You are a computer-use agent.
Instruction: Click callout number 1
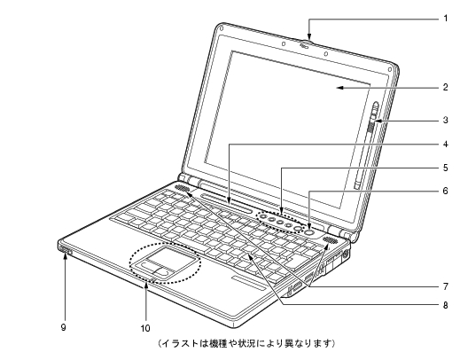[445, 19]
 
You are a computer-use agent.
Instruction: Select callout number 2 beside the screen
[445, 87]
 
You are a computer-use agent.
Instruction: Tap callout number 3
[445, 120]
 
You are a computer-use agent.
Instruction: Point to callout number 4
[445, 145]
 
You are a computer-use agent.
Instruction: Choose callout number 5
[445, 168]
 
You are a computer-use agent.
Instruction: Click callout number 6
[445, 191]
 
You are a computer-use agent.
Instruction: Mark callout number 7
[445, 286]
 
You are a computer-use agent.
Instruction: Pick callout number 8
[445, 305]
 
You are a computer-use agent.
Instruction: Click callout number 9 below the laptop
[63, 327]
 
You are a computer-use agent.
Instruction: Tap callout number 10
[145, 328]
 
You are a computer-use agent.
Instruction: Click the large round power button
[308, 232]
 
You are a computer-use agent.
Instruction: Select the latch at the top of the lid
[305, 44]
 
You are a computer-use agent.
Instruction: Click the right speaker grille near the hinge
[330, 239]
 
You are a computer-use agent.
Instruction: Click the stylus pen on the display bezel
[367, 145]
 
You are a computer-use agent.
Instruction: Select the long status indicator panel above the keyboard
[226, 203]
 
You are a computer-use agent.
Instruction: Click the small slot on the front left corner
[66, 250]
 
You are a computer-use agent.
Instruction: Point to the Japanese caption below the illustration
[246, 343]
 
